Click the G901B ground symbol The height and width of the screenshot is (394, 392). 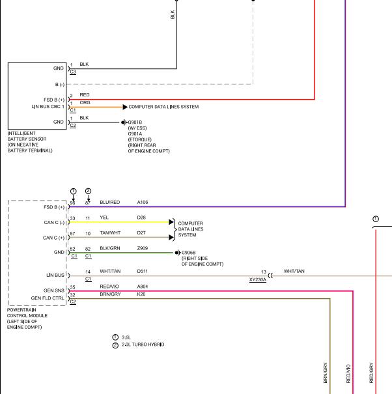[x=124, y=122]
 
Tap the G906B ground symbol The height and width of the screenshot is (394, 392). [x=178, y=253]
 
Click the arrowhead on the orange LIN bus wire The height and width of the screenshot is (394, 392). [x=125, y=107]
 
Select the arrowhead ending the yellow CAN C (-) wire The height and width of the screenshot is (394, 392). [x=171, y=222]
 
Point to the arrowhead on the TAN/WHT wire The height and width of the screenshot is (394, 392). [x=171, y=237]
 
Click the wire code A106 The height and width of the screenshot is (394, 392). [x=143, y=203]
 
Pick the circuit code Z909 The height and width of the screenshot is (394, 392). [x=143, y=248]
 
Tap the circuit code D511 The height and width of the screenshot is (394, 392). [x=143, y=272]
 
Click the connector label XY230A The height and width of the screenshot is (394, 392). [x=258, y=279]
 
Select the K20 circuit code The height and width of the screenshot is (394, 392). [x=141, y=294]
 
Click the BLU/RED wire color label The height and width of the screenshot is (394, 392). [x=110, y=203]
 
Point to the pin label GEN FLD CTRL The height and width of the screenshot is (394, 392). [x=48, y=298]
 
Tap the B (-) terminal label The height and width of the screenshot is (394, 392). [x=60, y=85]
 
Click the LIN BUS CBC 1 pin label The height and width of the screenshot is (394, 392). [x=48, y=107]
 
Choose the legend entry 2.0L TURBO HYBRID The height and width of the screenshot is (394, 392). [x=143, y=345]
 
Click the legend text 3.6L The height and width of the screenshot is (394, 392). [x=126, y=337]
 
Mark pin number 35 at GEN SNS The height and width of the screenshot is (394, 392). [x=73, y=287]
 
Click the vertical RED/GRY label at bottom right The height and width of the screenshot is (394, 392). [x=371, y=373]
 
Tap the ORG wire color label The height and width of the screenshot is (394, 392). [x=85, y=102]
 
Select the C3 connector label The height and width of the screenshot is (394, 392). [x=73, y=72]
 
